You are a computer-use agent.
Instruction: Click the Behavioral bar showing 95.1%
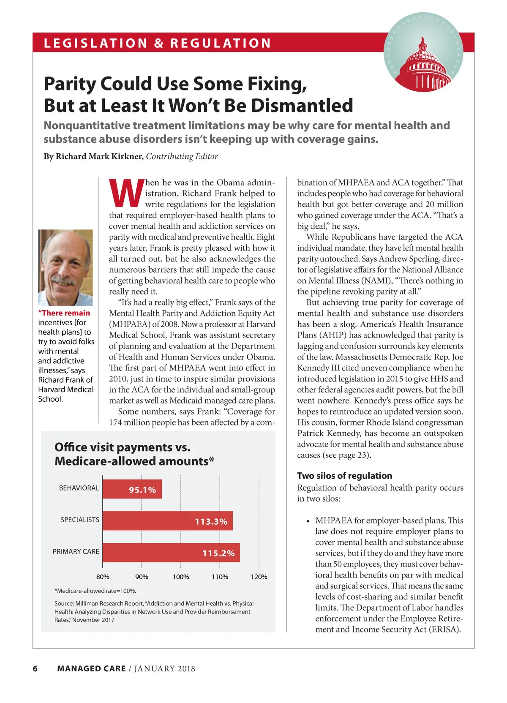[x=132, y=489]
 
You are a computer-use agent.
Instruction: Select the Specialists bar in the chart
[x=167, y=521]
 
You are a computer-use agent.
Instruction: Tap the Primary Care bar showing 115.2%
[x=171, y=553]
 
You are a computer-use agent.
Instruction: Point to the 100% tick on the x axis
[x=181, y=577]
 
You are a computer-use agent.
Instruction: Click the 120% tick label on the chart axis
[x=259, y=577]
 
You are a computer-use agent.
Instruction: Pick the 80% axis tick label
[x=103, y=577]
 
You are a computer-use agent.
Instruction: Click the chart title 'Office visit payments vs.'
[x=123, y=447]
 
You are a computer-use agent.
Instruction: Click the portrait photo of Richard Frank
[x=65, y=267]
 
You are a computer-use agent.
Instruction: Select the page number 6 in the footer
[x=35, y=668]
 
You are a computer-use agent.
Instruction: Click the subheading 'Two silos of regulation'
[x=344, y=476]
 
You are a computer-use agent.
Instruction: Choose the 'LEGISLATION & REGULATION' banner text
[x=157, y=43]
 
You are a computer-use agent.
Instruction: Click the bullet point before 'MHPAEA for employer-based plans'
[x=308, y=521]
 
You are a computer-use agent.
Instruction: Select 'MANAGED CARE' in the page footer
[x=91, y=668]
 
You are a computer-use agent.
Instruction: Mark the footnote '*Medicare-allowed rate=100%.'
[x=95, y=591]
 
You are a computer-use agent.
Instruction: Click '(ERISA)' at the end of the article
[x=445, y=629]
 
